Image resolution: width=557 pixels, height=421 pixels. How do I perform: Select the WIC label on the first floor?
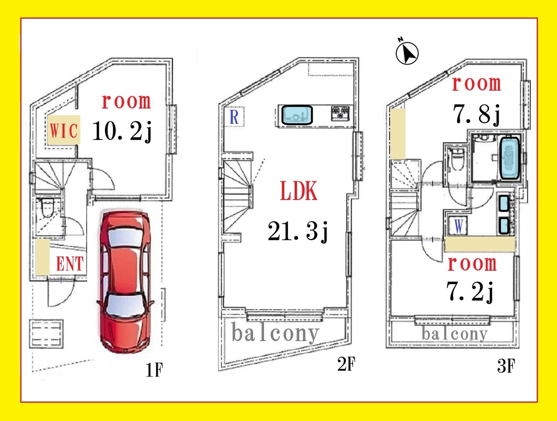click(64, 130)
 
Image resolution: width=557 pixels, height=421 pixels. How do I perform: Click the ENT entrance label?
click(70, 263)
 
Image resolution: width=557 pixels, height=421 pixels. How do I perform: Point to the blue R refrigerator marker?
click(234, 117)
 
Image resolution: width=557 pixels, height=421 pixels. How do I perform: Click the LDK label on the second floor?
click(299, 191)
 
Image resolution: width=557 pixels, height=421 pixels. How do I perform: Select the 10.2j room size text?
click(122, 131)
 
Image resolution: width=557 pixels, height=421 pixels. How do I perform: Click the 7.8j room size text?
click(476, 115)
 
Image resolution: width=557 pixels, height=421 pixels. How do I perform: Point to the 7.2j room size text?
click(470, 292)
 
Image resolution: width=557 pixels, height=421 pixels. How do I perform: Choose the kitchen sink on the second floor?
click(297, 115)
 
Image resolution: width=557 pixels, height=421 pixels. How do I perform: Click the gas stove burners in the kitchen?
click(340, 113)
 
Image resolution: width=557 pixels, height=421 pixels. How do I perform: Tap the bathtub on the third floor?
click(509, 158)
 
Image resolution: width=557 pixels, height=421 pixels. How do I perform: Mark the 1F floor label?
click(154, 370)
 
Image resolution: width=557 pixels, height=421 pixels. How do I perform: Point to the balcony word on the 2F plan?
click(275, 333)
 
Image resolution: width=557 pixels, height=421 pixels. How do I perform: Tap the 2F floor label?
click(346, 364)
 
